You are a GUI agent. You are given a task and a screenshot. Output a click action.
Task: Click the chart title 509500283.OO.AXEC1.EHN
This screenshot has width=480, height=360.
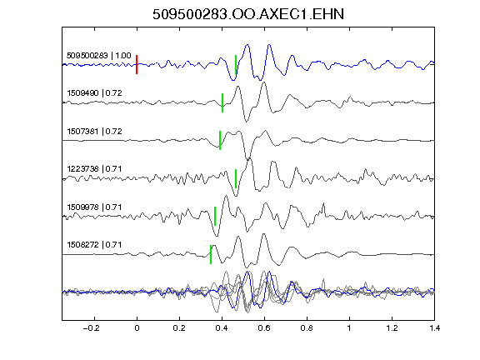(x=248, y=14)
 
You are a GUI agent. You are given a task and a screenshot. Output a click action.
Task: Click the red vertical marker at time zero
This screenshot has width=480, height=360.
(x=137, y=65)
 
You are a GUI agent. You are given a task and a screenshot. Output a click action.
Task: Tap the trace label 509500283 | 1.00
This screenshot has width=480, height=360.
(x=99, y=56)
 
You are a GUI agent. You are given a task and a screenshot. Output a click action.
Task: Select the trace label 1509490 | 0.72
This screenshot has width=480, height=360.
(x=95, y=93)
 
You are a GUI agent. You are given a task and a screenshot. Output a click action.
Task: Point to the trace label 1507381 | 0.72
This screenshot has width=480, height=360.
(x=95, y=132)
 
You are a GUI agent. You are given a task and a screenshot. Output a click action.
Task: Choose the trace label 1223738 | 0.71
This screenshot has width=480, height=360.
(x=95, y=169)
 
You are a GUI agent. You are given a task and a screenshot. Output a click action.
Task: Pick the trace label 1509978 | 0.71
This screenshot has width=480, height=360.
(x=95, y=207)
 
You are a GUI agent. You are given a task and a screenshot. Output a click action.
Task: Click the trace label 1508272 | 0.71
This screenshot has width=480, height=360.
(x=95, y=245)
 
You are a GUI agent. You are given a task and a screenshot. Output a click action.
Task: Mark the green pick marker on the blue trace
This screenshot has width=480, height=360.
(x=236, y=65)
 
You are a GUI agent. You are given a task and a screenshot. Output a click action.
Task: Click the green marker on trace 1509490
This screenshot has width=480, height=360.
(x=222, y=102)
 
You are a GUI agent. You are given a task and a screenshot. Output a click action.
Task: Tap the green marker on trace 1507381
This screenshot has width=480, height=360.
(x=220, y=141)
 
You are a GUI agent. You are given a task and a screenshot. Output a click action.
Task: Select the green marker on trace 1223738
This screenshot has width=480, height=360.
(x=236, y=179)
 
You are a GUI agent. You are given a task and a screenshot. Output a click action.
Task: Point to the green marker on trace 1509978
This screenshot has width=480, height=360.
(x=215, y=216)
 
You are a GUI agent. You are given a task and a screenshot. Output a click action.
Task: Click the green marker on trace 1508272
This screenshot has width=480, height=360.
(x=211, y=254)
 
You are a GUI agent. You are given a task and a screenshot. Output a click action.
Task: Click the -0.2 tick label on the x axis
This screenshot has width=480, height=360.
(x=91, y=328)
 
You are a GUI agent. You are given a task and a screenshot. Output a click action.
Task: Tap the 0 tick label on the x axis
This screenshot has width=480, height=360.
(x=137, y=328)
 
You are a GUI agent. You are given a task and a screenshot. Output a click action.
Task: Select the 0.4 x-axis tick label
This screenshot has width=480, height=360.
(x=222, y=328)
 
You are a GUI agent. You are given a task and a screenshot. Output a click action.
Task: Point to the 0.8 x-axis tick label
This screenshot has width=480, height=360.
(x=307, y=328)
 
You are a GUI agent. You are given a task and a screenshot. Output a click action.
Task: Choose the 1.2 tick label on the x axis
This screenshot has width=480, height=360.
(x=392, y=328)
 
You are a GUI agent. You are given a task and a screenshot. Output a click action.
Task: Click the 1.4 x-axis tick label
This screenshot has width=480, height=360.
(x=434, y=328)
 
